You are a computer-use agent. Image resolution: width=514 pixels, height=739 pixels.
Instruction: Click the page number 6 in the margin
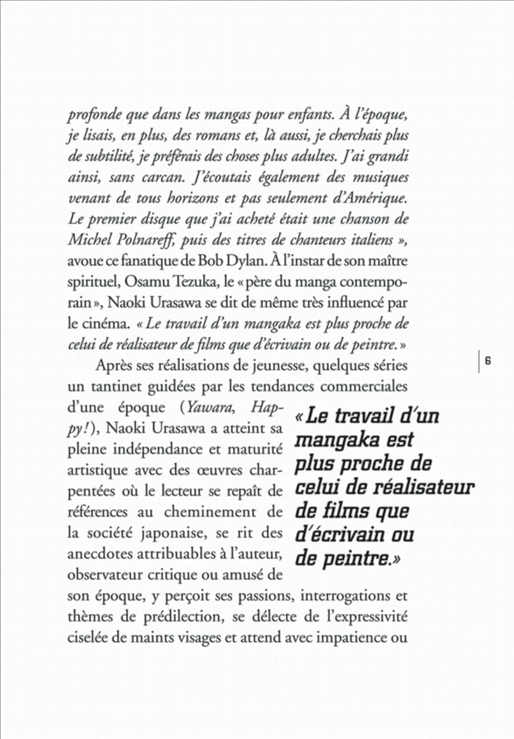pyautogui.click(x=488, y=361)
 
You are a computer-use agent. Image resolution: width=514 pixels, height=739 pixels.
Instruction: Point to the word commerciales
pyautogui.click(x=364, y=386)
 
